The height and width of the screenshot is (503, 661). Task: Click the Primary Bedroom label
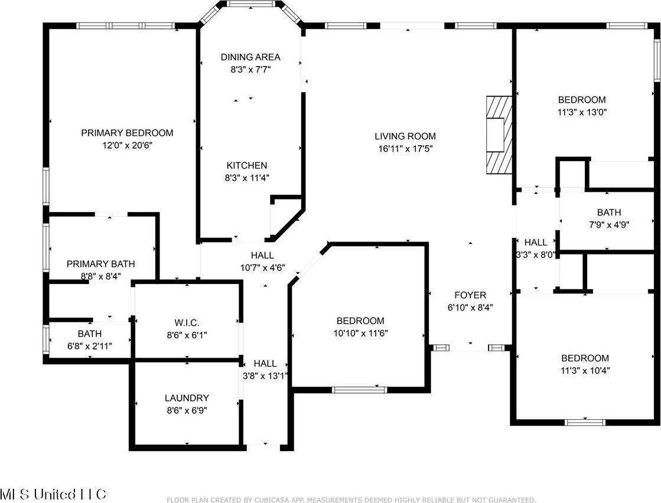127,133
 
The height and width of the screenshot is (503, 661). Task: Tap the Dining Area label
250,57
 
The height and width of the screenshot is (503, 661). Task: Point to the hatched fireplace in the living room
497,135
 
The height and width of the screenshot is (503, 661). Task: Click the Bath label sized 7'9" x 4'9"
608,213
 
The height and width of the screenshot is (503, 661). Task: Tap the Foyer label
470,295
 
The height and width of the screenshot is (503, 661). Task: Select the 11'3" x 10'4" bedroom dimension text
585,371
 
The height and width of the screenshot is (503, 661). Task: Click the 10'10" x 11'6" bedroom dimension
360,333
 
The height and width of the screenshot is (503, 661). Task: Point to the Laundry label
187,398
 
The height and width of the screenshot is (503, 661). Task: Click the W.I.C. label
187,323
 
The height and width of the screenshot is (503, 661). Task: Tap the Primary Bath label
100,264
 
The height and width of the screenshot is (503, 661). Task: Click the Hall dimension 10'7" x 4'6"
262,267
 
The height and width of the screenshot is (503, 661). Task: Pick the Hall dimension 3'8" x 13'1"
265,375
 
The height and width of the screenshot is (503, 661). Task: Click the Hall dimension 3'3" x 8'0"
536,255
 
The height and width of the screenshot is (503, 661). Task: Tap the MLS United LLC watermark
53,494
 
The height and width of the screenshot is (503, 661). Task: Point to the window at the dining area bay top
250,5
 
